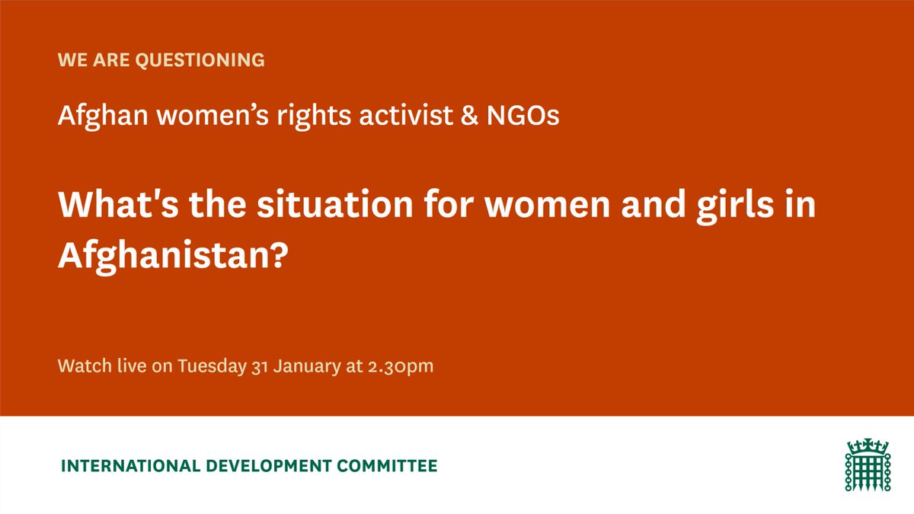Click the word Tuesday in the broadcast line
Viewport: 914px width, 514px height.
(x=211, y=366)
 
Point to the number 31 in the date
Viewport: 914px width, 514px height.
(x=260, y=366)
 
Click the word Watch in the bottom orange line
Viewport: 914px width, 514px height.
(x=81, y=366)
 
